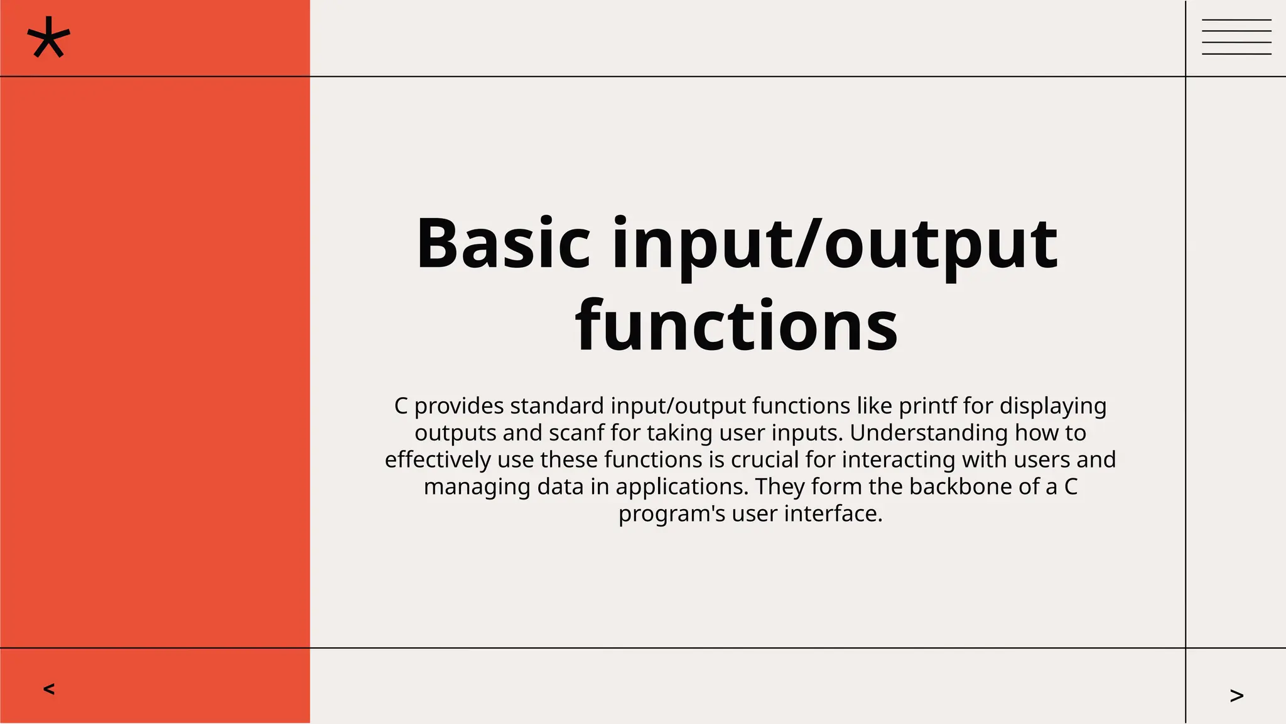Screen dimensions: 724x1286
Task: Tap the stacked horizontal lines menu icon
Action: tap(1236, 37)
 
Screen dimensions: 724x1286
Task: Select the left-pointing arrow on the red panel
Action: tap(49, 689)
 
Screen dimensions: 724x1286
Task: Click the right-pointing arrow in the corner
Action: tap(1236, 695)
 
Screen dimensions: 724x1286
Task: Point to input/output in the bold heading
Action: tap(835, 244)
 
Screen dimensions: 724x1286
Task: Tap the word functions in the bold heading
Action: tap(736, 326)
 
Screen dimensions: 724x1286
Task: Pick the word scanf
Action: tap(576, 433)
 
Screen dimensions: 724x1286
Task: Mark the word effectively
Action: tap(438, 460)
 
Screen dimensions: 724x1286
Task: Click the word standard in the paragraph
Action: tap(556, 406)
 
